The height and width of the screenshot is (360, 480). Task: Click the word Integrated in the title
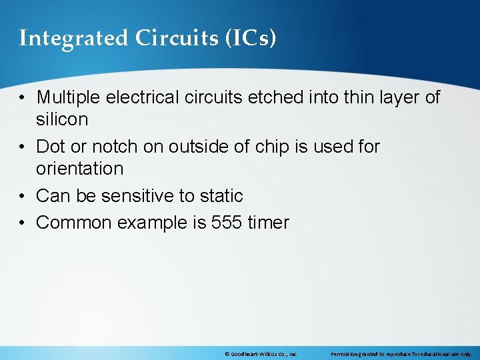[x=74, y=39]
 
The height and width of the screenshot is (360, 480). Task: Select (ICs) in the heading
[x=249, y=38]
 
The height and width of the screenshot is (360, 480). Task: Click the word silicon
[x=62, y=120]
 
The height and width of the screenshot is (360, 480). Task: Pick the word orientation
[x=80, y=169]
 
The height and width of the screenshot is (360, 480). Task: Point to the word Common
[x=74, y=223]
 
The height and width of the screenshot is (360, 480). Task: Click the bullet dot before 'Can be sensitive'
[x=23, y=196]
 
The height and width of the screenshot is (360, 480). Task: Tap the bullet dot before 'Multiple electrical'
[x=23, y=97]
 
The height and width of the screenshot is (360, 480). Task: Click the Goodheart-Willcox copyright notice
[x=261, y=354]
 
